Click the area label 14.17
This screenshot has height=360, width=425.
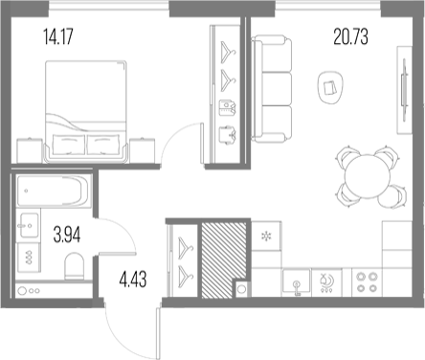(x=58, y=36)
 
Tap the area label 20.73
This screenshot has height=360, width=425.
(x=350, y=36)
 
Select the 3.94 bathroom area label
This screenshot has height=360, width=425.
(x=67, y=235)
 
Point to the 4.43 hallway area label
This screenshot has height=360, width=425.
(x=133, y=279)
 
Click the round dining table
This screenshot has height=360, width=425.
(x=368, y=176)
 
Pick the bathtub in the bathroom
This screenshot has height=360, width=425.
(x=53, y=191)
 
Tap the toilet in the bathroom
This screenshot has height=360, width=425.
(x=75, y=266)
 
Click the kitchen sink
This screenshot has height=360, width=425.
(x=296, y=281)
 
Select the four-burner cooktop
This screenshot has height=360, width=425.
(x=367, y=282)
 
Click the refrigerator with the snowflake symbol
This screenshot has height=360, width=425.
(x=265, y=236)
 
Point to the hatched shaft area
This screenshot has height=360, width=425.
(x=223, y=259)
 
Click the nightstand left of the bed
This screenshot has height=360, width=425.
(x=30, y=150)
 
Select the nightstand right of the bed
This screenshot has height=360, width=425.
(x=142, y=150)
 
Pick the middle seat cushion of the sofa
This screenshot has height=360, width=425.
(x=277, y=88)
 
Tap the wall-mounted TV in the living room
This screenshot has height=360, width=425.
(x=404, y=90)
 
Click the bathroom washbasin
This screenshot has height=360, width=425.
(x=30, y=225)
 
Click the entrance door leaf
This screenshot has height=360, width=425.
(x=158, y=334)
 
